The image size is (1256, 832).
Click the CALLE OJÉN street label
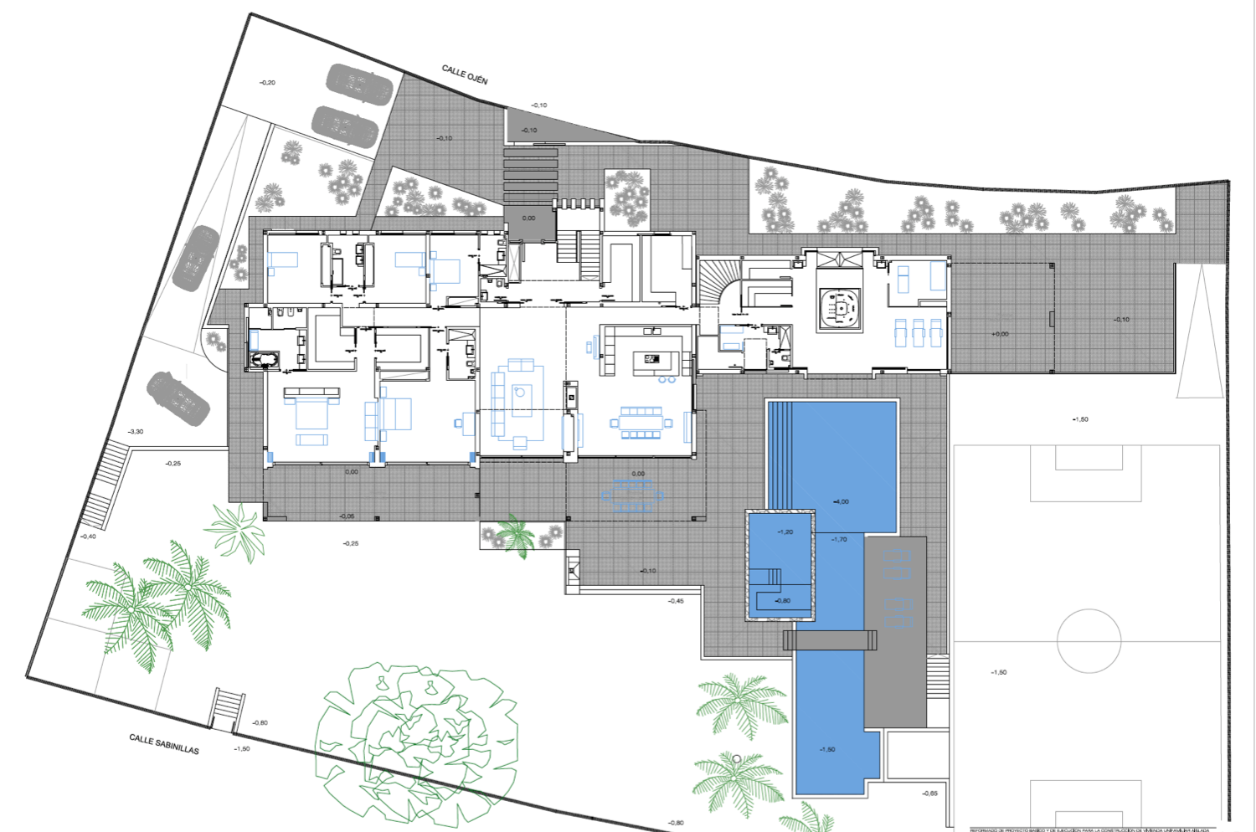tap(465, 75)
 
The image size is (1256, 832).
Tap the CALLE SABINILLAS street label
tap(164, 744)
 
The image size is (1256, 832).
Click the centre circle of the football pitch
tap(1089, 640)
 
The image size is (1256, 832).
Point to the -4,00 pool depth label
tap(841, 501)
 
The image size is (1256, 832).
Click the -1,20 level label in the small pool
tap(785, 532)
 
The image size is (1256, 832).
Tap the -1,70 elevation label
tap(839, 539)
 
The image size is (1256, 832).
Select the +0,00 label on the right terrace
tap(1000, 334)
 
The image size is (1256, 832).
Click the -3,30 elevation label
tap(135, 432)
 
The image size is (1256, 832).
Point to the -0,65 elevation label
tap(929, 793)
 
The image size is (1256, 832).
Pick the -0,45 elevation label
tap(676, 601)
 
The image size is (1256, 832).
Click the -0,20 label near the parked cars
tap(267, 83)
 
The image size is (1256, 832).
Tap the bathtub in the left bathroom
tap(265, 360)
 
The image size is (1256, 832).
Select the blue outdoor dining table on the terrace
tap(632, 495)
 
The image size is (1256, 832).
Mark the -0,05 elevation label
tap(347, 516)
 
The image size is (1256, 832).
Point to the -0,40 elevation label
tap(88, 537)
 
